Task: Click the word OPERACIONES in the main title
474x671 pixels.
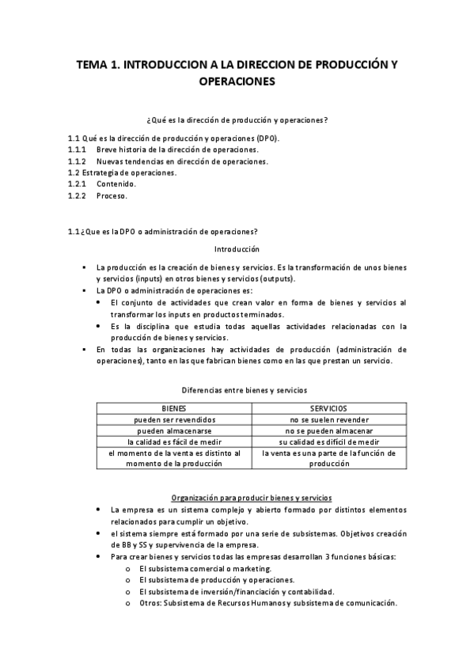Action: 237,81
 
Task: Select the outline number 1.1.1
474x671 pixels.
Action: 77,149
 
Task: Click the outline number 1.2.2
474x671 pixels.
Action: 77,195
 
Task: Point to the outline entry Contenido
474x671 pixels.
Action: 116,184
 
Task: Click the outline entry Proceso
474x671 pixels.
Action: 112,195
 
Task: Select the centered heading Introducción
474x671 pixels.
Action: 237,249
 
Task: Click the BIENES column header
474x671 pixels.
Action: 174,408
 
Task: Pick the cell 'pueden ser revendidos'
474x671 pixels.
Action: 174,419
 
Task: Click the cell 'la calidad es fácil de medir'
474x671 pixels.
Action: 174,442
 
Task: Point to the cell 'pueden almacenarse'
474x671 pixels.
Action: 174,430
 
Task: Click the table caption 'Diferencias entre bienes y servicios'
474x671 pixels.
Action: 237,390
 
